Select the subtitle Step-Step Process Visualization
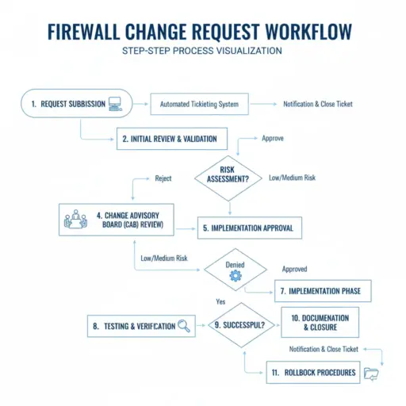[202, 52]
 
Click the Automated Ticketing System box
[199, 104]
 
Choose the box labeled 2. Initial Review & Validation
[172, 139]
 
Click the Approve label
[273, 138]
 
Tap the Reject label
[163, 178]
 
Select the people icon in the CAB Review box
[77, 218]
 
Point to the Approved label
[294, 269]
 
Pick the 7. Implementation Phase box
[323, 291]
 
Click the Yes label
[221, 302]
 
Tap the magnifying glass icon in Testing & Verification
[184, 325]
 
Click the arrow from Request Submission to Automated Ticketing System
[140, 104]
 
